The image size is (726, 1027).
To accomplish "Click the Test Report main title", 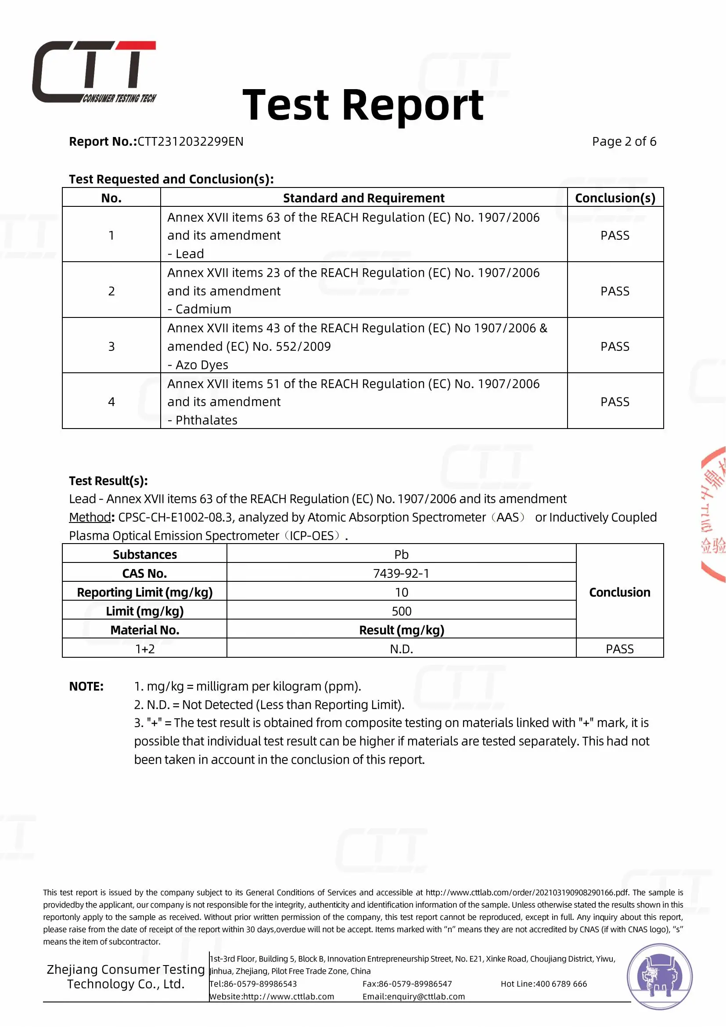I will point(363,105).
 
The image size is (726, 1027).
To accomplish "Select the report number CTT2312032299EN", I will point(190,142).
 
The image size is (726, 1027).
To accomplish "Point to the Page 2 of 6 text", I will point(624,142).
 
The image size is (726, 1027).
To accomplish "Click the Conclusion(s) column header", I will point(615,198).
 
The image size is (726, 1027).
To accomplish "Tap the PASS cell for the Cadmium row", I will point(615,291).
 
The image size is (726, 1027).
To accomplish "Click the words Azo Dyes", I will point(201,365).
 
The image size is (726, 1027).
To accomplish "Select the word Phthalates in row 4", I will point(206,421).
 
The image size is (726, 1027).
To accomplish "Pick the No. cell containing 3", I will point(111,347).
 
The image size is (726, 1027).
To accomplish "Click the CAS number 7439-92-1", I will point(401,573).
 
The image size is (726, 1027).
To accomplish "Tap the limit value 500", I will point(401,612).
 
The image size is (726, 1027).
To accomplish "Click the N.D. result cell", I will point(401,649).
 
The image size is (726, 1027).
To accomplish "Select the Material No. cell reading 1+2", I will point(145,649).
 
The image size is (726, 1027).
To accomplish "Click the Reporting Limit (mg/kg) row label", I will point(145,593).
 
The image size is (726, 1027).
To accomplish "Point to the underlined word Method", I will point(90,518).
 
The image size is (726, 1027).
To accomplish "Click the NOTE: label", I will point(86,687).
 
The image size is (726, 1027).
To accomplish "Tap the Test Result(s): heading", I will point(108,481).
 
